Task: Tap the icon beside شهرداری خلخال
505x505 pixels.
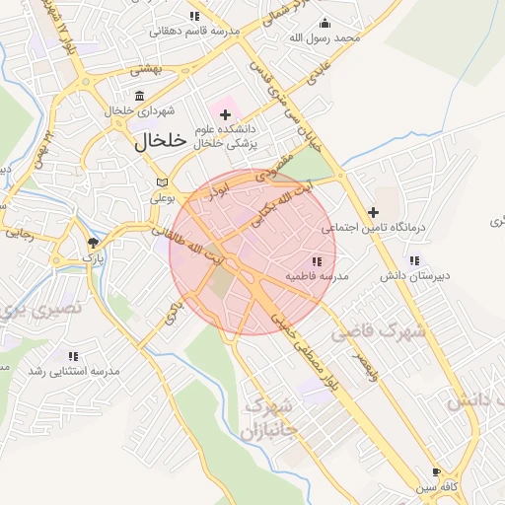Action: pyautogui.click(x=140, y=96)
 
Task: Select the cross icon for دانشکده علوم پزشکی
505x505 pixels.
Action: pyautogui.click(x=225, y=114)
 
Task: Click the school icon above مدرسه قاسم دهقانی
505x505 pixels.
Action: pyautogui.click(x=194, y=16)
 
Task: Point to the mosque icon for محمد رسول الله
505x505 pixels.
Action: pyautogui.click(x=326, y=24)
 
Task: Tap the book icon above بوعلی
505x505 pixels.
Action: pyautogui.click(x=163, y=183)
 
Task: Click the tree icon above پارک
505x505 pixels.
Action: pyautogui.click(x=93, y=243)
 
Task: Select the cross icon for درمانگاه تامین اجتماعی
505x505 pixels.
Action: pyautogui.click(x=373, y=212)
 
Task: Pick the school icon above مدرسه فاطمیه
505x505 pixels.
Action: pyautogui.click(x=317, y=261)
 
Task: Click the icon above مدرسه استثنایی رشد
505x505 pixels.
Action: pyautogui.click(x=73, y=356)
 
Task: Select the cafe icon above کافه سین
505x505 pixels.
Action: pyautogui.click(x=437, y=471)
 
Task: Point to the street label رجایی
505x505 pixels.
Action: pyautogui.click(x=20, y=234)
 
